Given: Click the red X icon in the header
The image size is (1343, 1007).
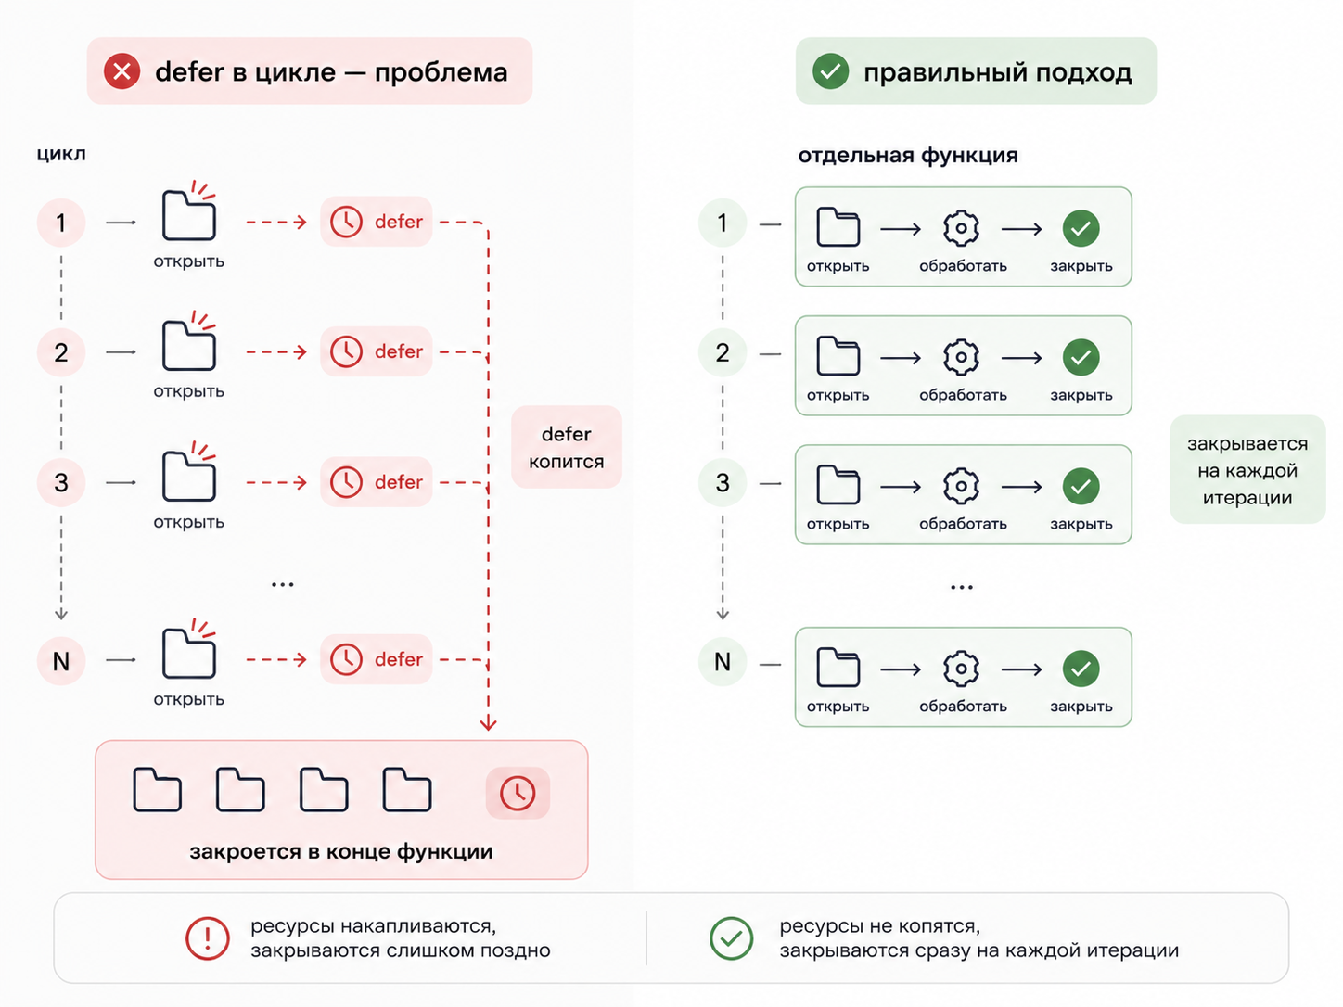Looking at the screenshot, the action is tap(122, 71).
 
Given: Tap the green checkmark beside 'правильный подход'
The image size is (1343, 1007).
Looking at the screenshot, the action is tap(830, 71).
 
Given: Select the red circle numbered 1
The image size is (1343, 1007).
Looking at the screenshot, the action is tap(61, 223).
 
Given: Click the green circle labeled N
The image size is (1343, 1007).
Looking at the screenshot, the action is tap(723, 661).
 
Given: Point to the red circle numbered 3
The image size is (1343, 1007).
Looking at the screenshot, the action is tap(61, 482).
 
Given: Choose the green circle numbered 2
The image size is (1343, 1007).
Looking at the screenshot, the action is tap(723, 352).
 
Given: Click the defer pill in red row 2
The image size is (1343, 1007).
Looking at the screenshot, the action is tap(377, 351).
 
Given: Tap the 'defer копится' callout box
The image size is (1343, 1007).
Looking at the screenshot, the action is tap(567, 447).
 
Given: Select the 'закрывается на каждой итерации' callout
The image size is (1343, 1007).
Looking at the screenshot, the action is tap(1247, 470).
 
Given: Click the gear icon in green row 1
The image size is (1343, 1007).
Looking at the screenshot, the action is tap(961, 229).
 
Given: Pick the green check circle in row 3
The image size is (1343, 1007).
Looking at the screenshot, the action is tap(1081, 487).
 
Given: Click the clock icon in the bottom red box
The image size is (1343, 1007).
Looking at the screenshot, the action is tap(518, 794).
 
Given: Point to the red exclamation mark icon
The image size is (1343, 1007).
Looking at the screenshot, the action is tap(208, 937).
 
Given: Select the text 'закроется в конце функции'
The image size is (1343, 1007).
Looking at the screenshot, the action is tap(341, 852).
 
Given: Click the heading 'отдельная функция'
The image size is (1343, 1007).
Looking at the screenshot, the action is tap(908, 155).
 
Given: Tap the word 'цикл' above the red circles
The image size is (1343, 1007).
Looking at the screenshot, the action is tap(61, 154).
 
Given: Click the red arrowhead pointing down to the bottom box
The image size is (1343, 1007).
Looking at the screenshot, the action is tap(488, 724).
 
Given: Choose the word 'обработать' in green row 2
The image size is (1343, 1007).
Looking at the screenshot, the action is tap(963, 395).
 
